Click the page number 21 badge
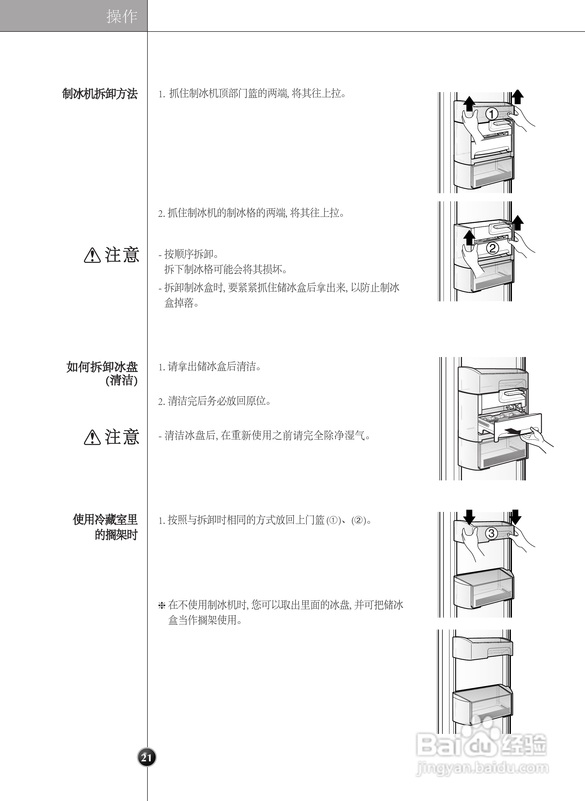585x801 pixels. (x=146, y=757)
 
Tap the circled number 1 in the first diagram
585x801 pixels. (x=492, y=114)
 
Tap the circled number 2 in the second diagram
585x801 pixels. (x=492, y=248)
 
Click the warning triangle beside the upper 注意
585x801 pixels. (x=92, y=255)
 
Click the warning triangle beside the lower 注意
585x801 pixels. (x=92, y=437)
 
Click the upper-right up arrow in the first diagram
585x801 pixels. (x=518, y=96)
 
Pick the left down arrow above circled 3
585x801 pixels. (x=469, y=517)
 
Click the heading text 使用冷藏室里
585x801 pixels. (x=105, y=520)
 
